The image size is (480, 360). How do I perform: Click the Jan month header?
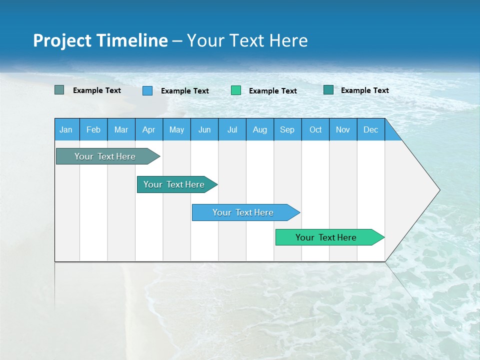click(x=66, y=129)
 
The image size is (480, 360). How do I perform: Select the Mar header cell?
click(x=121, y=129)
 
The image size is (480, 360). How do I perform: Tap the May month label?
click(x=176, y=129)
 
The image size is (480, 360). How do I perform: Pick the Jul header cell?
click(x=232, y=129)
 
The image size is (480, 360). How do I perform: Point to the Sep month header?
click(x=287, y=129)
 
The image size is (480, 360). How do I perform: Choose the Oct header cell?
click(x=315, y=129)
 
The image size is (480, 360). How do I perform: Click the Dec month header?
click(x=370, y=129)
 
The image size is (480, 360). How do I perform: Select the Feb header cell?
click(x=93, y=129)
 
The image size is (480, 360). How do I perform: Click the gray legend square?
click(x=59, y=90)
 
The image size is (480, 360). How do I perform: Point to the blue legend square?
click(x=147, y=90)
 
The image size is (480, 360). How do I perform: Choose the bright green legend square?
click(x=236, y=90)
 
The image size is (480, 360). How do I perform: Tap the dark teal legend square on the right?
click(x=328, y=90)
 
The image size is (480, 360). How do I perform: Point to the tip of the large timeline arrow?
click(x=438, y=190)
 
